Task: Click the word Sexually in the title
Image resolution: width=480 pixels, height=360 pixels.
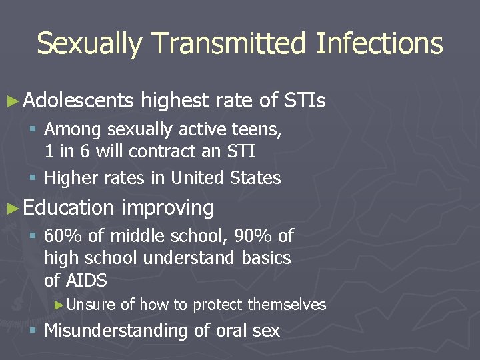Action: point(89,44)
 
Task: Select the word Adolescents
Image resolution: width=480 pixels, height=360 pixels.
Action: point(78,101)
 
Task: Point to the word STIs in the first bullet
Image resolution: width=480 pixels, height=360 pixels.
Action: point(305,101)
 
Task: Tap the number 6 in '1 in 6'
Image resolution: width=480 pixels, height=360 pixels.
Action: point(85,151)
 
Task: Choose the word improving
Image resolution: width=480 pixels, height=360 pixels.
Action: point(167,208)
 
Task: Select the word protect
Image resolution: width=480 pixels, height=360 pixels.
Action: point(218,305)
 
